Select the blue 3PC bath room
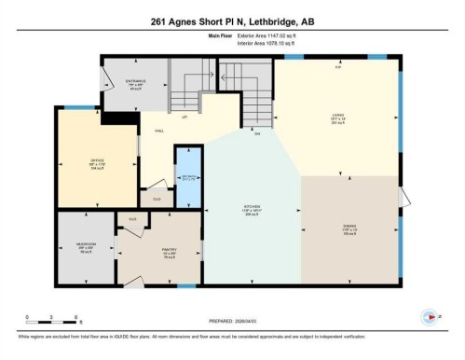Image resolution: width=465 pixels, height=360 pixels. click(189, 178)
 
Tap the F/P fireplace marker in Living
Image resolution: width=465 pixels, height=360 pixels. click(338, 67)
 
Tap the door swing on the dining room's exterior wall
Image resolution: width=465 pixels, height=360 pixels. click(403, 198)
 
